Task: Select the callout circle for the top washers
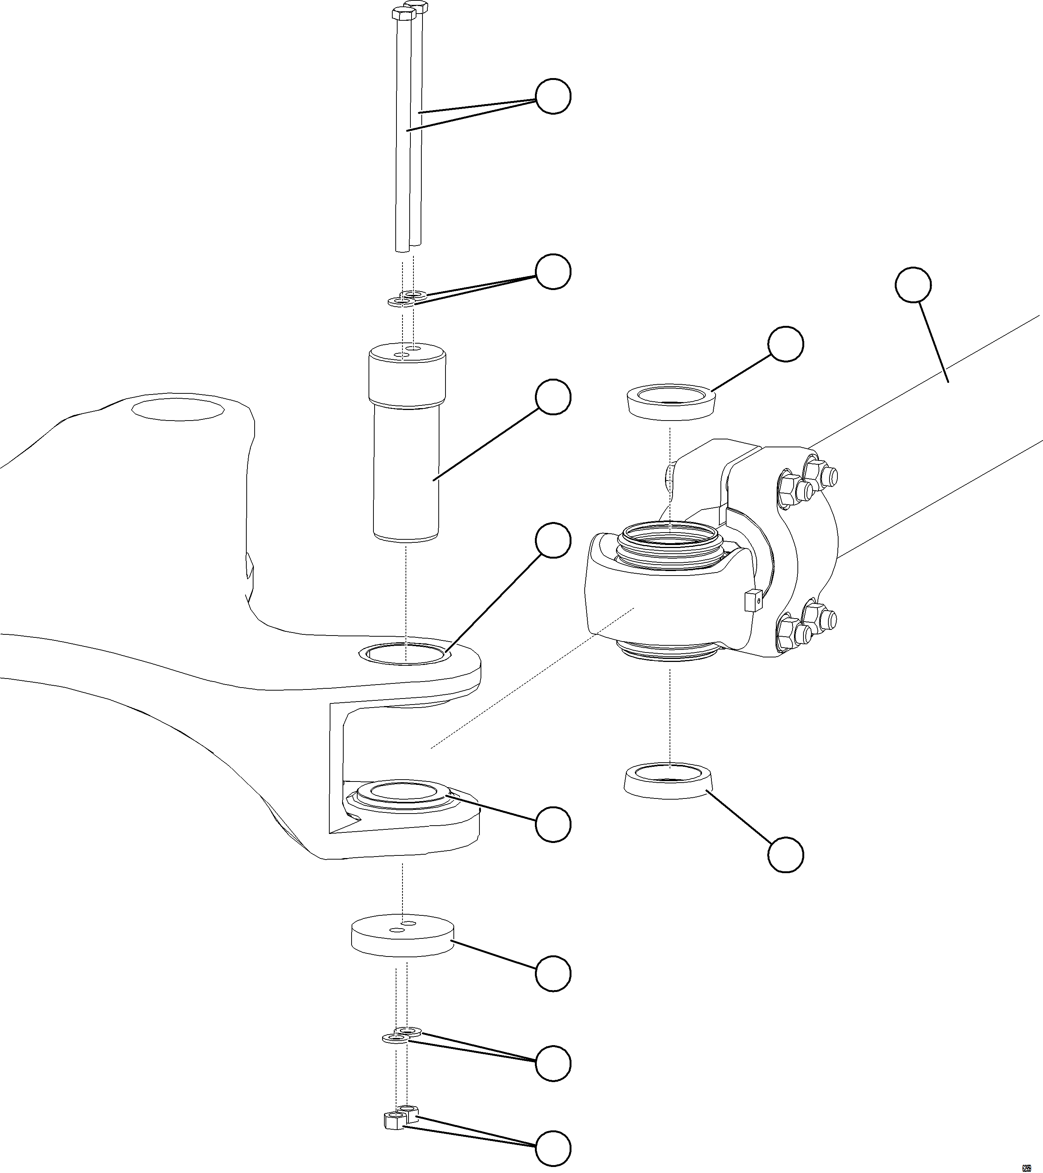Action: tap(553, 272)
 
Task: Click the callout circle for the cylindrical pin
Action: tap(553, 396)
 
